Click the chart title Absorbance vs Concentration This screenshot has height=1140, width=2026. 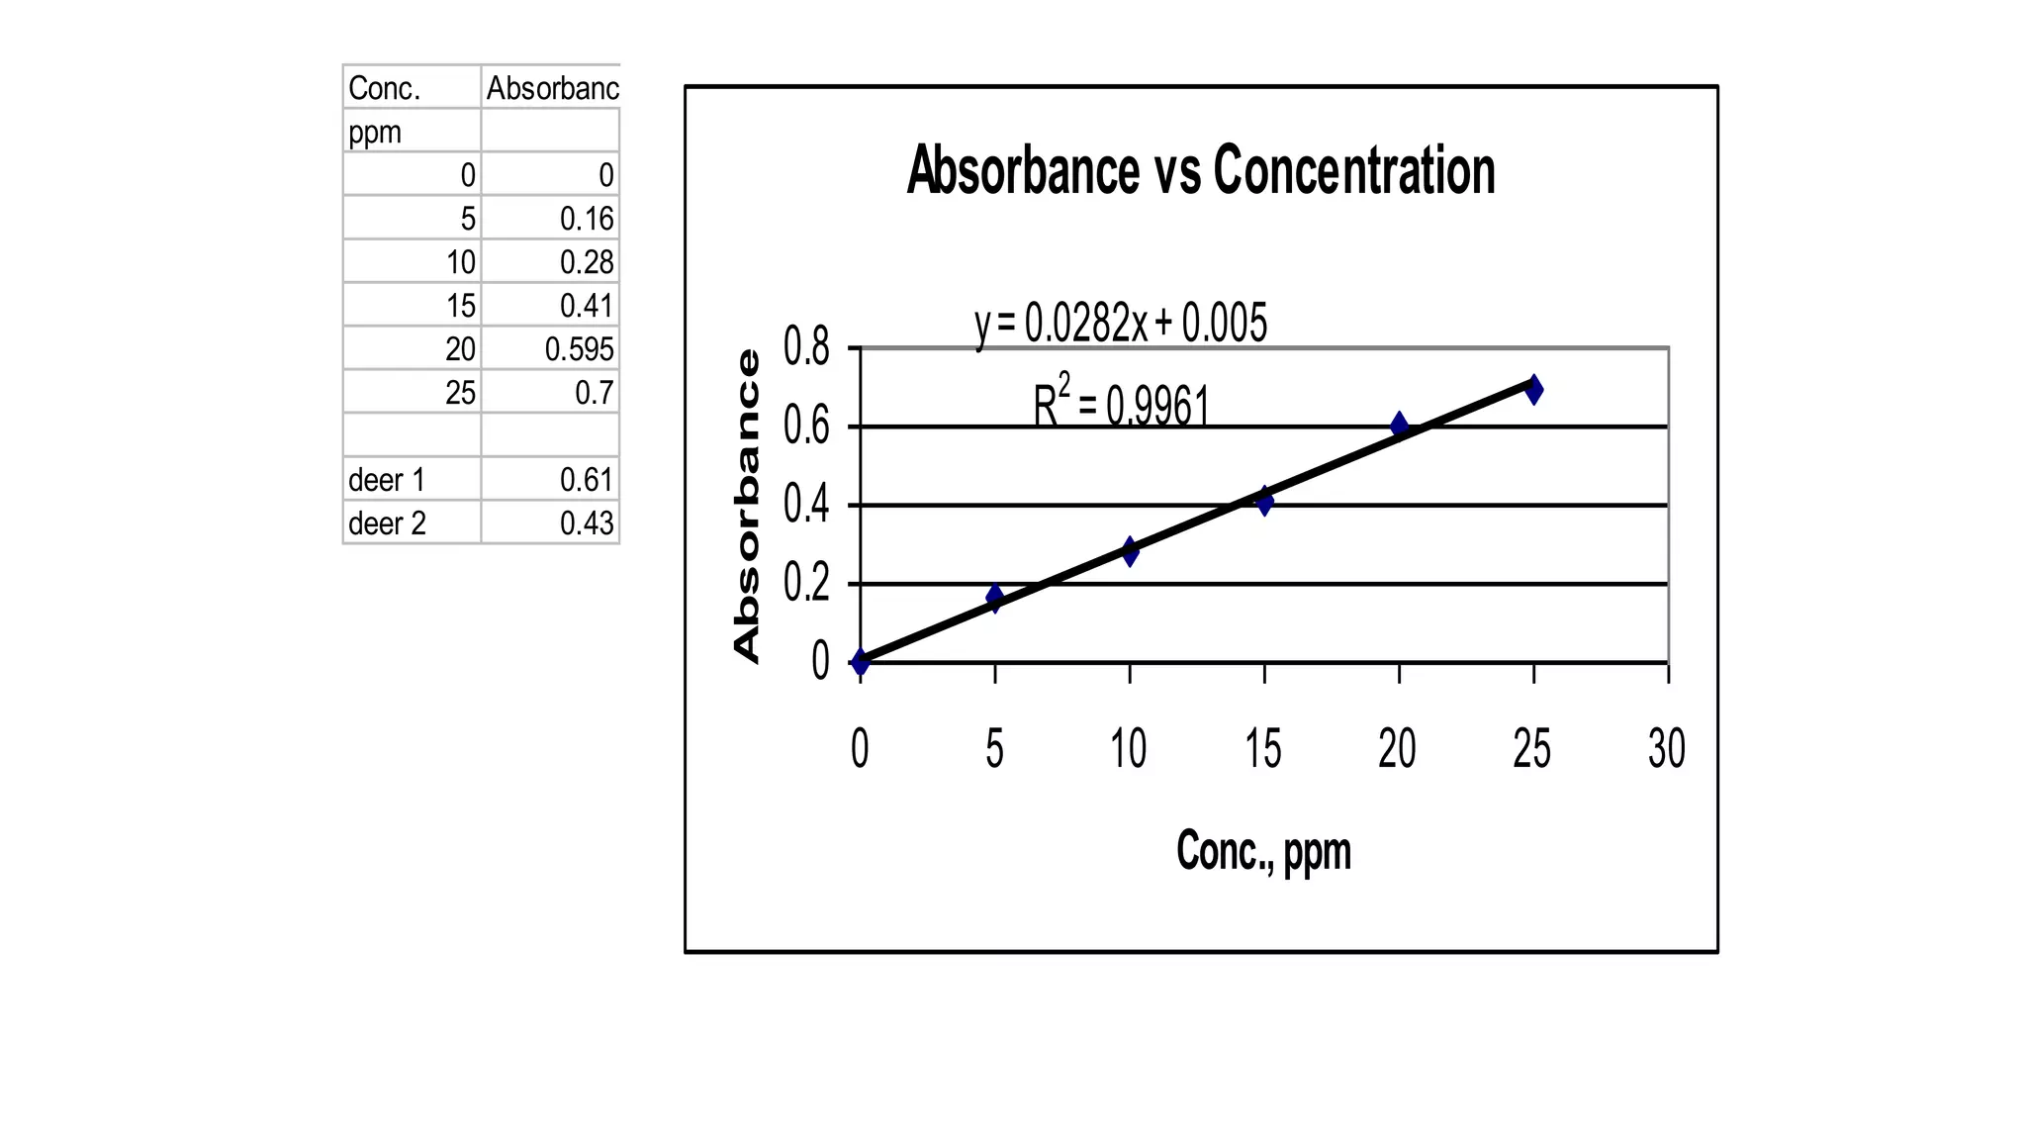1200,170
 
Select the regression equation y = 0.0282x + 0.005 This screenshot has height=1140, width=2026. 1121,324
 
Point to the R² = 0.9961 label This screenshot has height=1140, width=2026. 1121,404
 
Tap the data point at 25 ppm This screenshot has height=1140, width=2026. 1533,389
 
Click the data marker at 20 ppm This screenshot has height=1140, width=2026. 1399,426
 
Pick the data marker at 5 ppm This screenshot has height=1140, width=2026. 995,597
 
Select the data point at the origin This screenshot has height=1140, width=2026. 861,661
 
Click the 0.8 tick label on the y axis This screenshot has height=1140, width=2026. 806,347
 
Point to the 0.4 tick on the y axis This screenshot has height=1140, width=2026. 806,505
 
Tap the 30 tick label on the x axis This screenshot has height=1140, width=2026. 1667,748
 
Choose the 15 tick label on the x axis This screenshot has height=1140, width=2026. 1263,748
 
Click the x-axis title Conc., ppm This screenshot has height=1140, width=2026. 1263,851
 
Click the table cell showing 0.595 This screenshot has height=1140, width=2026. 579,349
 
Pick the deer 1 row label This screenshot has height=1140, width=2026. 387,480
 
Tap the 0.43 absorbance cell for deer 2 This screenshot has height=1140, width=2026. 587,523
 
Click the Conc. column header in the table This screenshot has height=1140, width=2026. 385,88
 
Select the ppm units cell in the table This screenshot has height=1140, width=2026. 375,132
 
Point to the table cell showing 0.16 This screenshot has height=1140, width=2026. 587,219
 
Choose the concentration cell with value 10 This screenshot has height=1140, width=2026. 460,262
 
